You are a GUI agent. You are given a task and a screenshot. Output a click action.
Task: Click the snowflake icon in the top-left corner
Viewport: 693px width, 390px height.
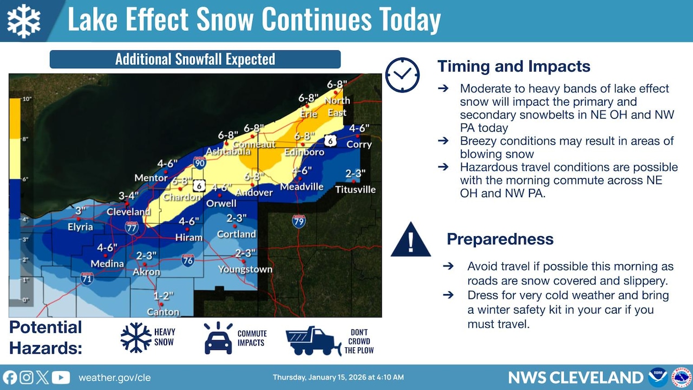point(24,21)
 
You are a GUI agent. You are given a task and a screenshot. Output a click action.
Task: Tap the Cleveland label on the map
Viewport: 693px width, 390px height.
point(128,212)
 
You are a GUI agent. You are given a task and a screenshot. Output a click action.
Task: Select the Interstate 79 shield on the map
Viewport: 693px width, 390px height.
point(299,221)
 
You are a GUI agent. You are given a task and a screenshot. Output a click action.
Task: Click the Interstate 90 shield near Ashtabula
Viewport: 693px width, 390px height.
point(199,162)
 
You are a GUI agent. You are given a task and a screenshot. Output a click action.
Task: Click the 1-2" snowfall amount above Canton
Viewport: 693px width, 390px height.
point(163,296)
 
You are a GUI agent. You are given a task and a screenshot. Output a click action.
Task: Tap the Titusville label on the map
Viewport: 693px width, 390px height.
point(355,190)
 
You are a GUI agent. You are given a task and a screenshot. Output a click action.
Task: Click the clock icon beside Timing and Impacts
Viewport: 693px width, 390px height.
point(402,75)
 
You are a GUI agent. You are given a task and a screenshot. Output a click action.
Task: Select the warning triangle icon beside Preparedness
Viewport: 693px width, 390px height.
point(410,240)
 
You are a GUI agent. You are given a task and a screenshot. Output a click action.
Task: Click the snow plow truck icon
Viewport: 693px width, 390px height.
point(313,341)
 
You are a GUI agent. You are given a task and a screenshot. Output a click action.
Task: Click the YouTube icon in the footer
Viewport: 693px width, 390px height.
point(61,378)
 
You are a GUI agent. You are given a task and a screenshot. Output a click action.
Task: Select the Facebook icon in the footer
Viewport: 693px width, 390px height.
point(10,378)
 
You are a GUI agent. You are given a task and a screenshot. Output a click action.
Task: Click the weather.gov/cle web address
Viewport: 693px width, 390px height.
point(114,378)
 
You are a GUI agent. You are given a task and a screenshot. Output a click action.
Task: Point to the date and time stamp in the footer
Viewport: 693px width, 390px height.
point(338,378)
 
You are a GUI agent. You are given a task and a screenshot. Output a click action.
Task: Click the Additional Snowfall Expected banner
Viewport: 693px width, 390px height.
point(195,59)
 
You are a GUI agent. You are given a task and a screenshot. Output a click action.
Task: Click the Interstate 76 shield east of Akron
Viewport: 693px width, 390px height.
point(188,261)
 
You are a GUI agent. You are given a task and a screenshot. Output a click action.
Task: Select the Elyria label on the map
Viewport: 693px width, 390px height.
point(80,227)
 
